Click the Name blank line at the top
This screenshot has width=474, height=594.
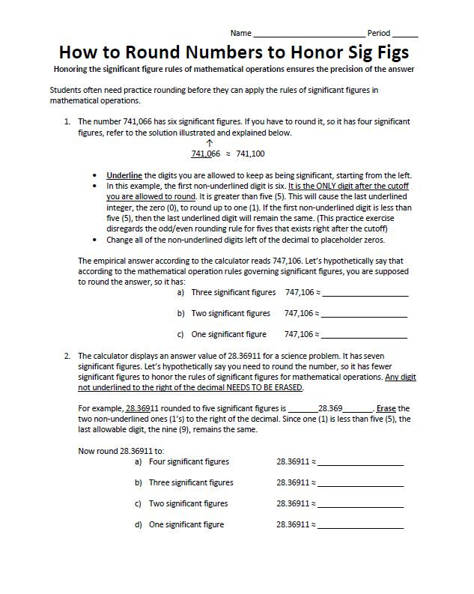(x=309, y=35)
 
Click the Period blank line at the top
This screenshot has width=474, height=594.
(x=404, y=35)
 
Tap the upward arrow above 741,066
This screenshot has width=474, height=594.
(x=209, y=142)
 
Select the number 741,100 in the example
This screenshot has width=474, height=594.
(x=250, y=154)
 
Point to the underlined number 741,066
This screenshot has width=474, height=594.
(x=206, y=154)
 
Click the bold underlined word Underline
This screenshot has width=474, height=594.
(x=124, y=175)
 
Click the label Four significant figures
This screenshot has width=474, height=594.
(x=189, y=462)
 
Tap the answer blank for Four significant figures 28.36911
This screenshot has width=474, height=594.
(x=360, y=464)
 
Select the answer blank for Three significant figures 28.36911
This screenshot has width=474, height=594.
(x=360, y=484)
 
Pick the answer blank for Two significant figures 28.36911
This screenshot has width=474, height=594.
(x=360, y=505)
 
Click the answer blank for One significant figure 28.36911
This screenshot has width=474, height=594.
(x=360, y=526)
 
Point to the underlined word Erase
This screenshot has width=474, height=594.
(x=386, y=408)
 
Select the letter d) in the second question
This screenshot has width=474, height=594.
(x=138, y=525)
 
